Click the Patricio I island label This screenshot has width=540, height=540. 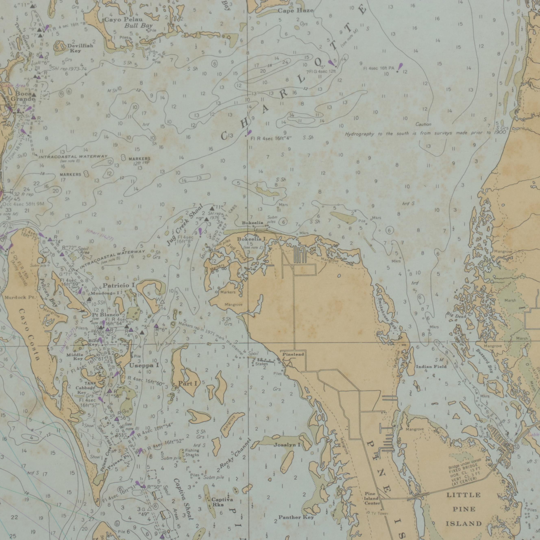point(119,285)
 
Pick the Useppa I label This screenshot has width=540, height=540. point(144,366)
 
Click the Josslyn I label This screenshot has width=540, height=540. point(287,445)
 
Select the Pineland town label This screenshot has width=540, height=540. point(293,354)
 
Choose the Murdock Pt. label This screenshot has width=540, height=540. point(20,297)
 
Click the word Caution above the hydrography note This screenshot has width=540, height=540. point(423,124)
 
